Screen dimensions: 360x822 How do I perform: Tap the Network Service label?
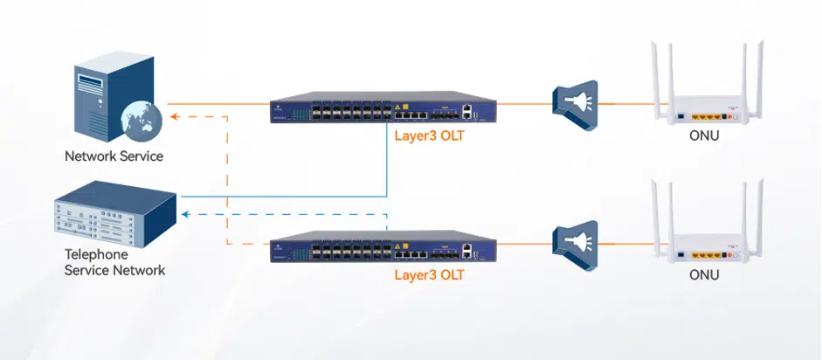[114, 156]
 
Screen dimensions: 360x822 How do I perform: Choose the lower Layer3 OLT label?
[429, 274]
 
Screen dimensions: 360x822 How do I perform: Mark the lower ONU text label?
[704, 276]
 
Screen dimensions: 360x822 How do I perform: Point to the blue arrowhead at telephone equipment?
[184, 214]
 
